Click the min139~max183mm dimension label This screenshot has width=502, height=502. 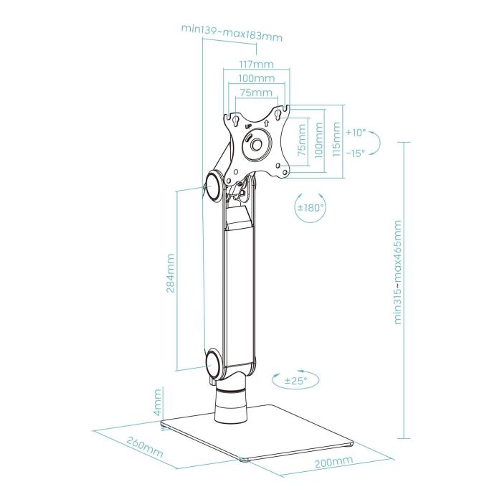point(231,29)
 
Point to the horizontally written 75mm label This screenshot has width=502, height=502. point(256,93)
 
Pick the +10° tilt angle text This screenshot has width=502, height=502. point(355,133)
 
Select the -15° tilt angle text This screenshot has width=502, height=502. point(355,152)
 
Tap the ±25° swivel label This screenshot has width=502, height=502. point(295,381)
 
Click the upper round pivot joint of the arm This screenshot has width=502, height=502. point(214,186)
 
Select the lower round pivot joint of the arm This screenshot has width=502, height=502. point(214,364)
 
